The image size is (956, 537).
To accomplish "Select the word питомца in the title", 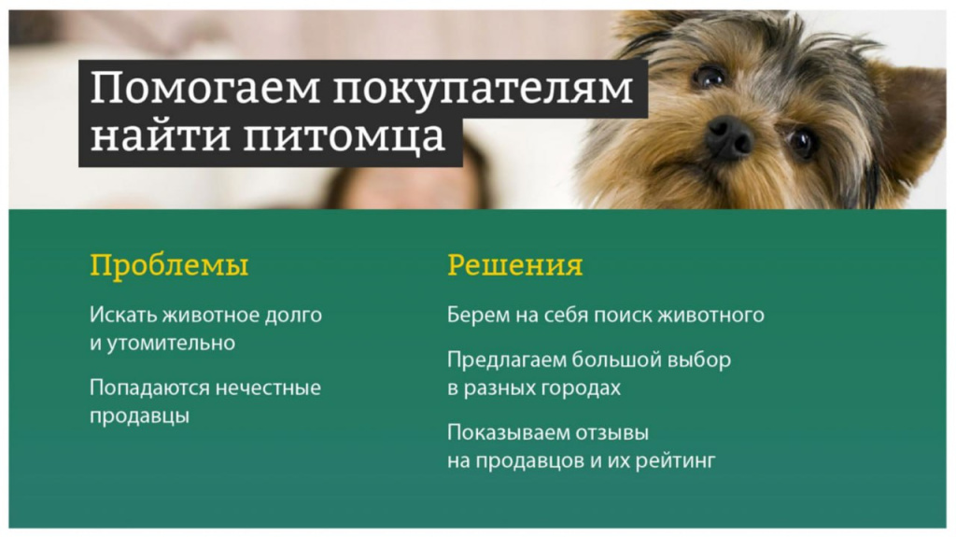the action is pos(344,136).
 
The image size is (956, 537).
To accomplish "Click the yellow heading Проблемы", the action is pos(169,266).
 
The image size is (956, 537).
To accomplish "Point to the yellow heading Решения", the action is pos(514,265).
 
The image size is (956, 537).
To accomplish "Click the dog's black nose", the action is pos(729,137).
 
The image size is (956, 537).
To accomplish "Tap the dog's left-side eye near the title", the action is pos(709,76).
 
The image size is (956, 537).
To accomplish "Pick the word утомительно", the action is pos(171,343).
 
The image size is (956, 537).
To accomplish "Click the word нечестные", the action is pos(268,389).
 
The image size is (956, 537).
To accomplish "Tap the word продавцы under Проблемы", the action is pos(139,417).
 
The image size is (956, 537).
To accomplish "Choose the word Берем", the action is pos(476,315).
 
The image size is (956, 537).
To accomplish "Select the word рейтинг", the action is pos(676,461).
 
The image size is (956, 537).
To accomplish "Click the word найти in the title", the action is pos(160,136).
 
